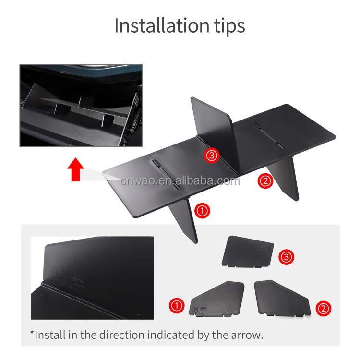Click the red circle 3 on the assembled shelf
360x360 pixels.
point(212,155)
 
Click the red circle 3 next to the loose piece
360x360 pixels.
point(286,258)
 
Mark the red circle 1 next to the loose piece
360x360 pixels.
point(177,305)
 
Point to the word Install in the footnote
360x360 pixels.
point(50,335)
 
